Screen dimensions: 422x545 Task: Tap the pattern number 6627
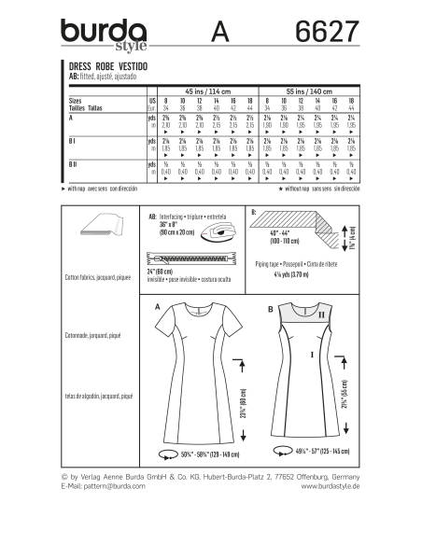coord(317,33)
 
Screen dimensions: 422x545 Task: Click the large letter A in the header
coord(221,33)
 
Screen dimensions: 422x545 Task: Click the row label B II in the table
coord(74,163)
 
